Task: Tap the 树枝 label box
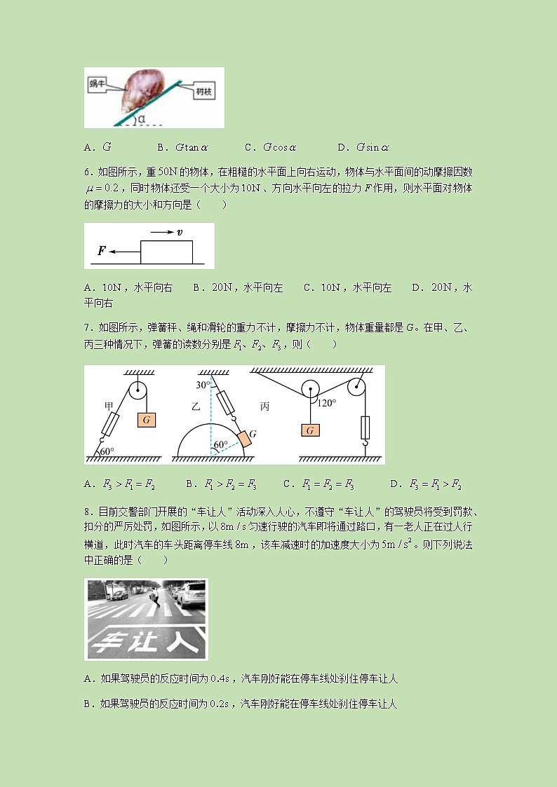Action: click(204, 91)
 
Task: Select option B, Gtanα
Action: click(183, 147)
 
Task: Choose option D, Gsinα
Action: click(363, 147)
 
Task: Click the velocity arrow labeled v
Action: click(166, 233)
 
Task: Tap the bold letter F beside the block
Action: click(102, 250)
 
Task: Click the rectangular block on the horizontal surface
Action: click(166, 252)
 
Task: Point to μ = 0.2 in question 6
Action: click(101, 189)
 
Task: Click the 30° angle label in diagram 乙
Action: click(203, 385)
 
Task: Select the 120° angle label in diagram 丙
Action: click(327, 402)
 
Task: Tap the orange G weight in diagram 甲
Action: click(146, 420)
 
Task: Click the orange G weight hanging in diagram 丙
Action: click(310, 430)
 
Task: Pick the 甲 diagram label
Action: click(109, 406)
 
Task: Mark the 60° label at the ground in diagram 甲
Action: click(107, 451)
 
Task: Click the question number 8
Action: click(88, 512)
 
